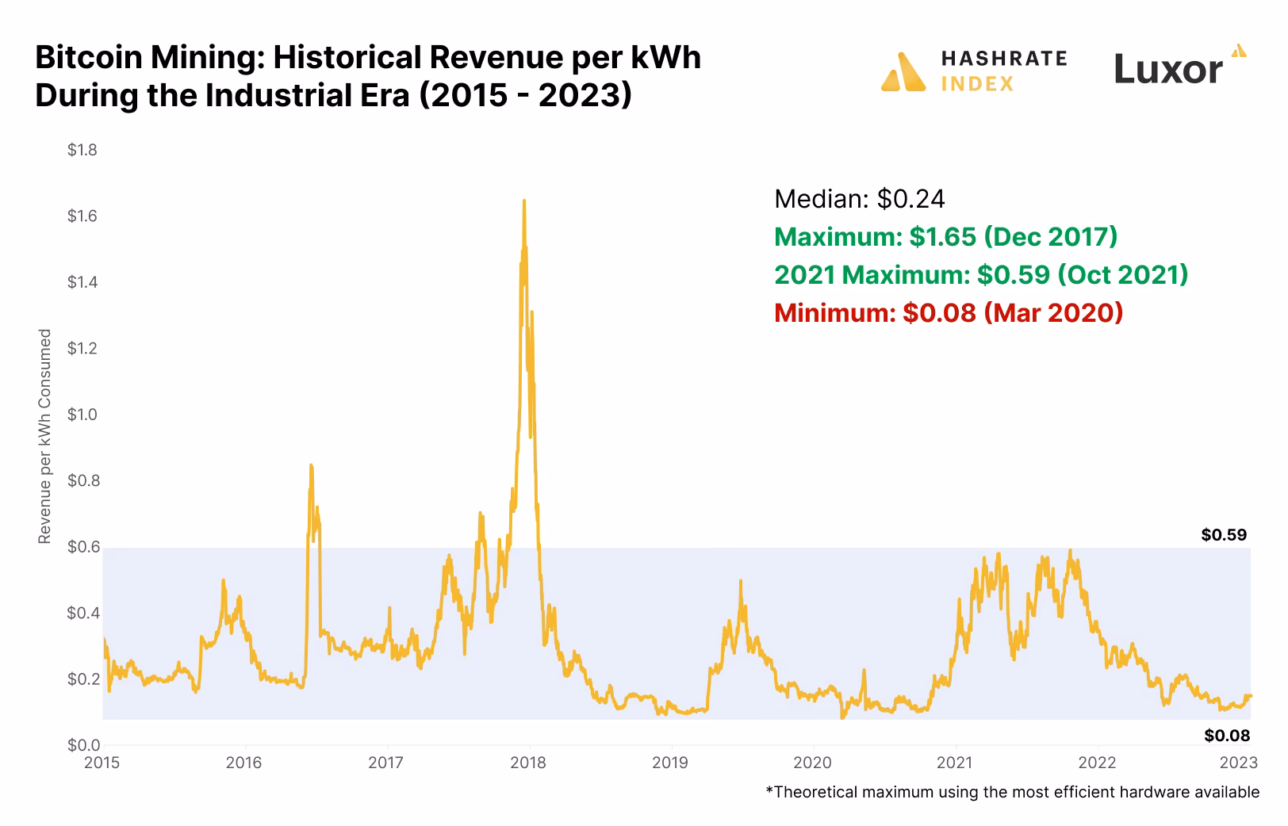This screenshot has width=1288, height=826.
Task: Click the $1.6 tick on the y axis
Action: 82,216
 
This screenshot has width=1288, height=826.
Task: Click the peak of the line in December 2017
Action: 523,201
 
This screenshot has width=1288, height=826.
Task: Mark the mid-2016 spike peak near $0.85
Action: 311,466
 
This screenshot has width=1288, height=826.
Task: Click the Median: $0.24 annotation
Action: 859,198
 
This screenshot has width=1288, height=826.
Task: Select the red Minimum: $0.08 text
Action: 948,312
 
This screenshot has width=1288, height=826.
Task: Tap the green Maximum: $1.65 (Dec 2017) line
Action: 945,236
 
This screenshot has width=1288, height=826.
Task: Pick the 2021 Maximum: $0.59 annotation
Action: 980,274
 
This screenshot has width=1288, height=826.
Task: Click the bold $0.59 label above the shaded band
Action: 1224,535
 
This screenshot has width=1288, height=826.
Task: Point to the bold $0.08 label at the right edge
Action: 1226,736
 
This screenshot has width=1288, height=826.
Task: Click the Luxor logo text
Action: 1168,69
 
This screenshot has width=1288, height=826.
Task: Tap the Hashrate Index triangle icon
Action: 903,72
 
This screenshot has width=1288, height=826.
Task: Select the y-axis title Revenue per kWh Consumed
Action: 45,436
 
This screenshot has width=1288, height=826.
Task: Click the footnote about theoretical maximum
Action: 1012,792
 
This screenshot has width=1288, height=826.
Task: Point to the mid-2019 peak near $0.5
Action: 741,582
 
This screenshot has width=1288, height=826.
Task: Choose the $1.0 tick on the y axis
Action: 82,415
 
